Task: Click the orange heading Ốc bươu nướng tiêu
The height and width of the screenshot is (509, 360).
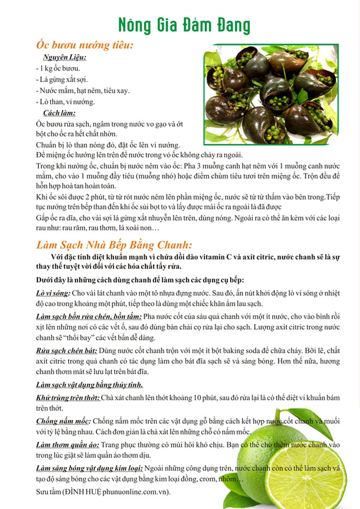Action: click(x=84, y=46)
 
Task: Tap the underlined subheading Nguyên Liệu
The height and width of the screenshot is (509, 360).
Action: click(x=64, y=58)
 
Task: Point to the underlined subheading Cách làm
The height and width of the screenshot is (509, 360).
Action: click(x=59, y=113)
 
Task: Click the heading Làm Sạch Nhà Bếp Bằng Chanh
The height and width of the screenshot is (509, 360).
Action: click(x=113, y=245)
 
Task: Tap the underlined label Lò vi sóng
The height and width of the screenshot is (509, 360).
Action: click(x=53, y=293)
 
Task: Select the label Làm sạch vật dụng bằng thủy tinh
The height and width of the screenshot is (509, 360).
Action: click(x=88, y=385)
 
